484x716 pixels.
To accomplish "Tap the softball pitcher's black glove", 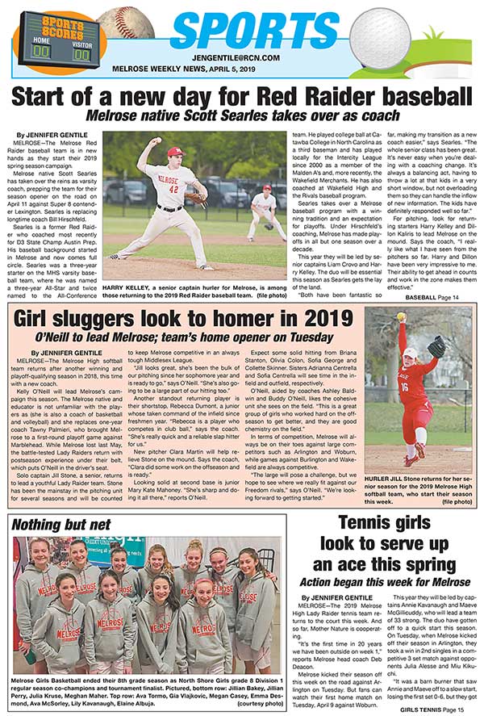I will click(x=436, y=347).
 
